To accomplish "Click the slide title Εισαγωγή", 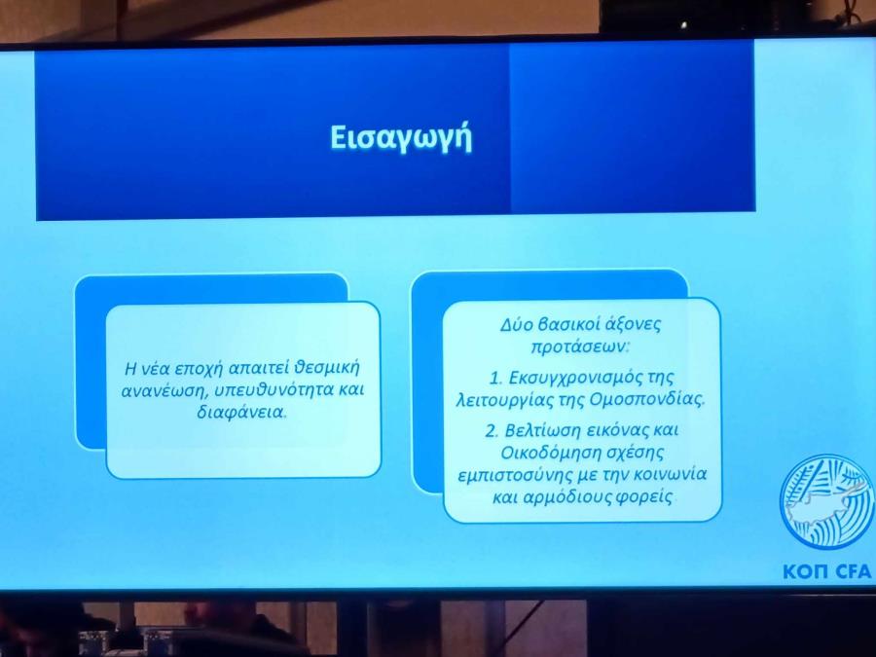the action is coord(401,138).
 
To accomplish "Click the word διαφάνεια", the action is coord(241,413).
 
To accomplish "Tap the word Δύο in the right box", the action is coord(514,324).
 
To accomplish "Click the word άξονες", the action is coord(634,323).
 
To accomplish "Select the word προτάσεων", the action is coord(579,347).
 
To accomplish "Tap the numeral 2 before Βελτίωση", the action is coord(492,431).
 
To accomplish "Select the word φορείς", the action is coord(644,496).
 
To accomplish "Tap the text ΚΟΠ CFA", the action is coord(826,571).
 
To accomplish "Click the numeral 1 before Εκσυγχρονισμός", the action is coord(495,379).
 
